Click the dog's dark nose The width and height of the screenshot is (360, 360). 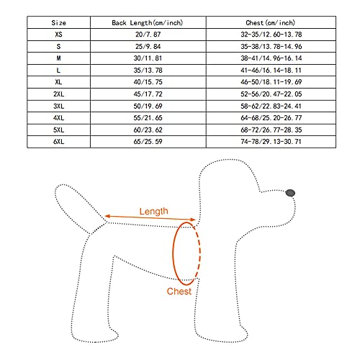290,192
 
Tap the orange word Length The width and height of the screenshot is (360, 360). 154,211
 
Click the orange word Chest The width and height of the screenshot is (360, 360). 179,291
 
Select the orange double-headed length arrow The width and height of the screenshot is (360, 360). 150,219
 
